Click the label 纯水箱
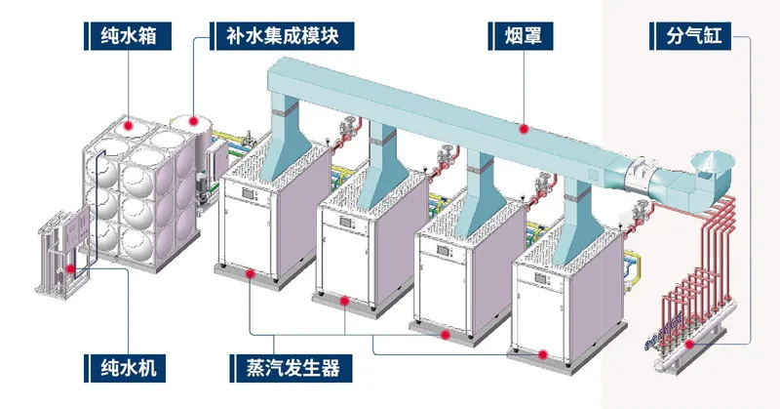point(127,38)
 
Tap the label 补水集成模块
point(283,38)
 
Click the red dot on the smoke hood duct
point(524,127)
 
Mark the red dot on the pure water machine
point(69,266)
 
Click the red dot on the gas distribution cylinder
point(690,344)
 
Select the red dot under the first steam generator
point(251,275)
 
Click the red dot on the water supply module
point(195,121)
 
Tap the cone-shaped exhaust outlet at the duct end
point(714,160)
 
